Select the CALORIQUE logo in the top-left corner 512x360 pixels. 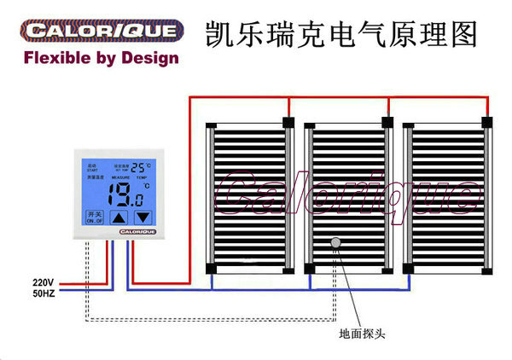102,32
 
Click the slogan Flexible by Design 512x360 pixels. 102,59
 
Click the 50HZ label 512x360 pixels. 43,294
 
